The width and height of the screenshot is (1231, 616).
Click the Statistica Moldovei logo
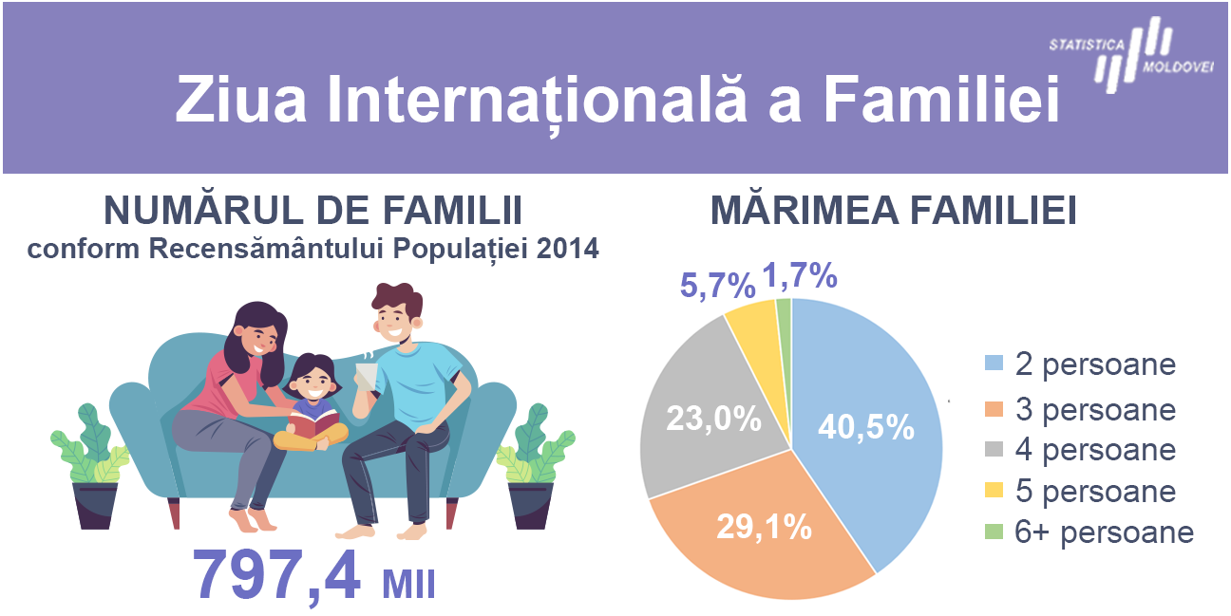pyautogui.click(x=1131, y=55)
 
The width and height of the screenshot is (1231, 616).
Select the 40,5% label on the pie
pyautogui.click(x=866, y=426)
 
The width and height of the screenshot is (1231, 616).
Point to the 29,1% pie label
pyautogui.click(x=764, y=527)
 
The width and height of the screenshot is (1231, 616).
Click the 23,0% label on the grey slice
pyautogui.click(x=714, y=419)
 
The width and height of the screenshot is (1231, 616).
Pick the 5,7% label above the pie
pyautogui.click(x=718, y=286)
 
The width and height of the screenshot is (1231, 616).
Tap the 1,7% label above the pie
pyautogui.click(x=800, y=275)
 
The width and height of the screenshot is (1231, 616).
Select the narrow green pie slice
pyautogui.click(x=786, y=329)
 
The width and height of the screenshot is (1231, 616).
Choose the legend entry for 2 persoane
pyautogui.click(x=1080, y=364)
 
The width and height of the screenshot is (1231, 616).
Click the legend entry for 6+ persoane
pyautogui.click(x=1089, y=532)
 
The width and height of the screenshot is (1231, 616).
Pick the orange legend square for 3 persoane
pyautogui.click(x=994, y=409)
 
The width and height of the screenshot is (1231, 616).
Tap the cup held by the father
pyautogui.click(x=367, y=377)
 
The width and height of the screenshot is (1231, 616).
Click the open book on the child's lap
pyautogui.click(x=313, y=424)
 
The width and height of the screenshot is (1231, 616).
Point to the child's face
pyautogui.click(x=312, y=382)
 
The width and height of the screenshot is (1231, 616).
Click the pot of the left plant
pyautogui.click(x=95, y=505)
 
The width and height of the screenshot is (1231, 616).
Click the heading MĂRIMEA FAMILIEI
pyautogui.click(x=893, y=209)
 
